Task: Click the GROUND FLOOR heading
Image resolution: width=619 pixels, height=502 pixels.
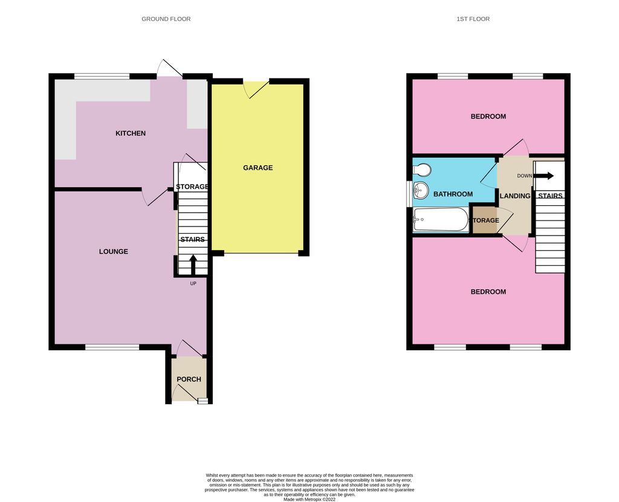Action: click(x=166, y=19)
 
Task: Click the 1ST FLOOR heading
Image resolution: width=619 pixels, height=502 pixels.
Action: click(x=473, y=19)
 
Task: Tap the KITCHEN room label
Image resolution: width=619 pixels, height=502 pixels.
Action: click(x=131, y=134)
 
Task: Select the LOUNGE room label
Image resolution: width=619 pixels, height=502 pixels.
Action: click(x=114, y=251)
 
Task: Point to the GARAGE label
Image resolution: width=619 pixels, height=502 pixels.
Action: click(x=258, y=168)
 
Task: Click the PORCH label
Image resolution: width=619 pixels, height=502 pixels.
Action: click(x=189, y=379)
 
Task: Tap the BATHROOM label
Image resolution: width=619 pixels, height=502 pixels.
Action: click(x=453, y=194)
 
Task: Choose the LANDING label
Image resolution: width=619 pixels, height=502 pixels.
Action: click(x=514, y=196)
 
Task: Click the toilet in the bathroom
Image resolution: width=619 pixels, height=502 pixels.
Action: click(x=421, y=170)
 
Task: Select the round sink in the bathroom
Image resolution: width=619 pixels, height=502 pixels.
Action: click(x=421, y=191)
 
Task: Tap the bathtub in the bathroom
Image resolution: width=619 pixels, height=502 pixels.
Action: click(x=441, y=220)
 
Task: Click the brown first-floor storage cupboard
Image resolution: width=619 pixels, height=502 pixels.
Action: click(x=485, y=220)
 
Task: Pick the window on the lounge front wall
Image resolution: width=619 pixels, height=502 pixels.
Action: click(x=112, y=347)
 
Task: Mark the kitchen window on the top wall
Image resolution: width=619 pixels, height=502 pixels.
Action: click(x=102, y=77)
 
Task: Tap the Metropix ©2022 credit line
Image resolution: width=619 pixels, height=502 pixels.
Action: click(x=309, y=498)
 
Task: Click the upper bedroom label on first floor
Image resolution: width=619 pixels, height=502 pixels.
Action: click(x=488, y=117)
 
